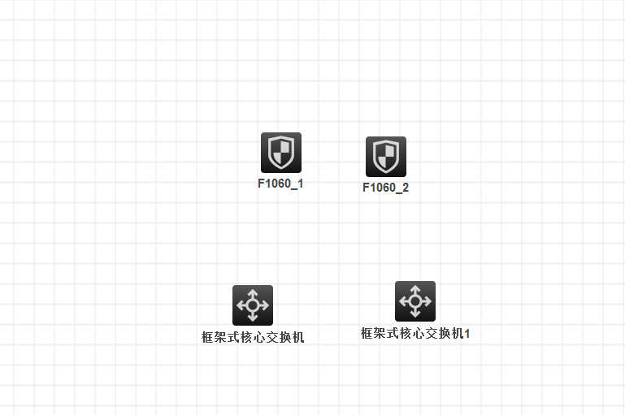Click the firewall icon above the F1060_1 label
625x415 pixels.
280,152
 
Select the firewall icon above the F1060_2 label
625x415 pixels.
385,156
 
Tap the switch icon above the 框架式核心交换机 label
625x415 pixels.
252,305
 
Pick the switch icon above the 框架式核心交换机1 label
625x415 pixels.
414,301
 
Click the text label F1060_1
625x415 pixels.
280,184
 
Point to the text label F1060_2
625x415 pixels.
385,188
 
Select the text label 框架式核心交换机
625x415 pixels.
253,337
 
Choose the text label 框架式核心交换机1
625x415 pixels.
415,333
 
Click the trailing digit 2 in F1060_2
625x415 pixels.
406,188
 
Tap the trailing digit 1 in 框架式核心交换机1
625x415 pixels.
467,333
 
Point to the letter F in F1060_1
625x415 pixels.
261,184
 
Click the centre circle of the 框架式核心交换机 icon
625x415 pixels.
252,305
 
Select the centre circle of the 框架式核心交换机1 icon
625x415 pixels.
414,301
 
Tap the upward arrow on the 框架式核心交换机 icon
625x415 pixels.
252,292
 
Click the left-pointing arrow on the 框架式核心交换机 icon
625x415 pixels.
240,305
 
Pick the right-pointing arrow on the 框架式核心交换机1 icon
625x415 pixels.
428,301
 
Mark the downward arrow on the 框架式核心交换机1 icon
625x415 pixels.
414,314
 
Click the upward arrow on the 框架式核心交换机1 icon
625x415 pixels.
414,288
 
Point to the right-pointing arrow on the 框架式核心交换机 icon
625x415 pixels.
265,305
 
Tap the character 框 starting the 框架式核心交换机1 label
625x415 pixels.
367,333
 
